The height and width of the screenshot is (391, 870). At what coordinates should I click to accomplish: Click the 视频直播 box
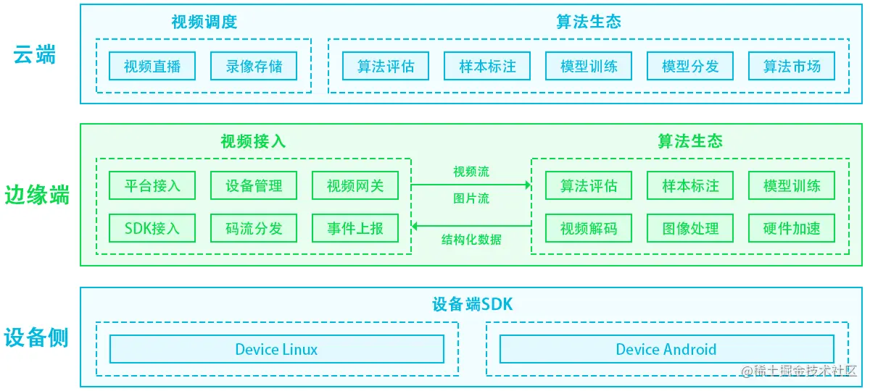pyautogui.click(x=152, y=67)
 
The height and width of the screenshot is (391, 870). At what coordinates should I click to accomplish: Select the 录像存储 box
pyautogui.click(x=254, y=67)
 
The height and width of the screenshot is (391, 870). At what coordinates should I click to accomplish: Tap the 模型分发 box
pyautogui.click(x=690, y=67)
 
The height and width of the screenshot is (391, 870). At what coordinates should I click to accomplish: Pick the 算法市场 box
pyautogui.click(x=792, y=67)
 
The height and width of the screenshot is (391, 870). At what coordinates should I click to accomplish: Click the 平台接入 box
pyautogui.click(x=152, y=185)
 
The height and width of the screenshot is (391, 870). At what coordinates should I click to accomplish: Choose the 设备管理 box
pyautogui.click(x=254, y=185)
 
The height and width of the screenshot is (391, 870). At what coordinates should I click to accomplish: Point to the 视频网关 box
pyautogui.click(x=355, y=185)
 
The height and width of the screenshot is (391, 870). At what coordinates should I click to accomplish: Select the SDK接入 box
pyautogui.click(x=152, y=229)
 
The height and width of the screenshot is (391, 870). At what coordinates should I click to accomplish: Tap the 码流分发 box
pyautogui.click(x=254, y=229)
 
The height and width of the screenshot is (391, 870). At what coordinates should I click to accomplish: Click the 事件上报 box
pyautogui.click(x=355, y=229)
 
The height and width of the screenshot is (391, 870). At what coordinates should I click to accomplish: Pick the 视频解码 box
pyautogui.click(x=589, y=229)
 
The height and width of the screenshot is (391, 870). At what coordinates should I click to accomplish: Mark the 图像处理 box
pyautogui.click(x=690, y=229)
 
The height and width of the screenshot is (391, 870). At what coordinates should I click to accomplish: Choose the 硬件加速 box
pyautogui.click(x=792, y=229)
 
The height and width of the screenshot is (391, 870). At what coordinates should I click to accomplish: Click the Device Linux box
pyautogui.click(x=276, y=349)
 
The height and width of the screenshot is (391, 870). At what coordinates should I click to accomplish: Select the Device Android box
pyautogui.click(x=666, y=349)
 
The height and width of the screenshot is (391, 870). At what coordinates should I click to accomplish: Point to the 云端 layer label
pyautogui.click(x=35, y=55)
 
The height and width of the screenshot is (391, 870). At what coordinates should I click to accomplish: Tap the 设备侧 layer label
pyautogui.click(x=36, y=338)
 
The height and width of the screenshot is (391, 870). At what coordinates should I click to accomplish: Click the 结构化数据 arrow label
pyautogui.click(x=471, y=240)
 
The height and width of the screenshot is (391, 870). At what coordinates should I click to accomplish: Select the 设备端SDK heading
pyautogui.click(x=472, y=305)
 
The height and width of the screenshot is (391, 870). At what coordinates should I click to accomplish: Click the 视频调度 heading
pyautogui.click(x=204, y=22)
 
